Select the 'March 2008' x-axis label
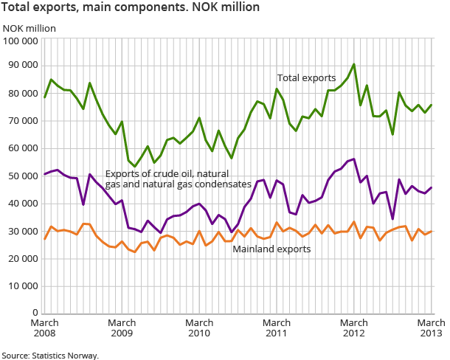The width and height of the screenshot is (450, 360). (x=44, y=328)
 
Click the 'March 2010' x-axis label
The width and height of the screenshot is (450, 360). (x=199, y=328)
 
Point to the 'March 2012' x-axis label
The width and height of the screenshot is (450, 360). (x=354, y=328)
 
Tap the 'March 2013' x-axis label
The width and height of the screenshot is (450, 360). (x=432, y=328)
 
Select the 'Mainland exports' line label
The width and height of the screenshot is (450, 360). (x=271, y=249)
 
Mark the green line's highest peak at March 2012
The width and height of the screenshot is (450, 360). (x=354, y=64)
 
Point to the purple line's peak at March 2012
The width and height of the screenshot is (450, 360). (x=354, y=159)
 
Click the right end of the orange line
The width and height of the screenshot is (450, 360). (x=432, y=231)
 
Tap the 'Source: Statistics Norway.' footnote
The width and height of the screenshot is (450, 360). (x=50, y=355)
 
